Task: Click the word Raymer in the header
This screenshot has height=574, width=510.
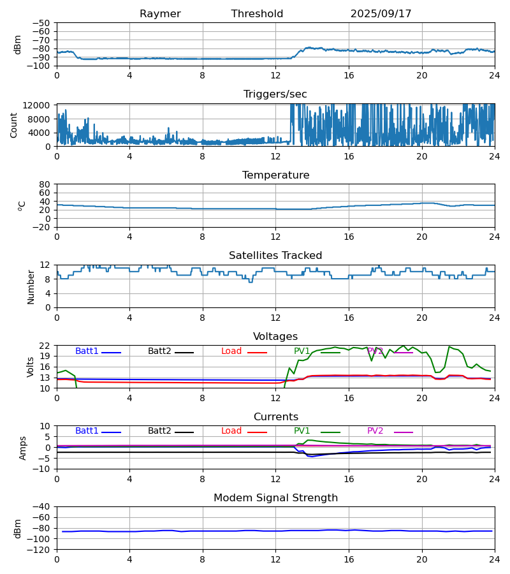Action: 160,14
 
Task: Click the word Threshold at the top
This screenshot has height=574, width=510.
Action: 257,14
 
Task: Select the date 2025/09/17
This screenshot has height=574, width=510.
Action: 381,14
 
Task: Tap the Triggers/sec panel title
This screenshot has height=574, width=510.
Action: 275,94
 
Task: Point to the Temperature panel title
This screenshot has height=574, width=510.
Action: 275,175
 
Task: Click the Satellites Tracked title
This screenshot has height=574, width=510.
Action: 275,256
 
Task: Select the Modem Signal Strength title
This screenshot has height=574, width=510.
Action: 275,498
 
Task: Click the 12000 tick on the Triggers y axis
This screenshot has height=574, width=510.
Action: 40,105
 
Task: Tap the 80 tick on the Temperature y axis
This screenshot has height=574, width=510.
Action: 45,184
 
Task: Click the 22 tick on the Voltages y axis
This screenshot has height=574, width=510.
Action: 45,346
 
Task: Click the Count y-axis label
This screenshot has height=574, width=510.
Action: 14,125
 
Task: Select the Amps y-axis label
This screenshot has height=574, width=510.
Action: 23,448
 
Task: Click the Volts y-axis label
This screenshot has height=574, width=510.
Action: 31,367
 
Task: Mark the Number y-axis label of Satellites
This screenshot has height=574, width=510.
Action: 31,286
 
